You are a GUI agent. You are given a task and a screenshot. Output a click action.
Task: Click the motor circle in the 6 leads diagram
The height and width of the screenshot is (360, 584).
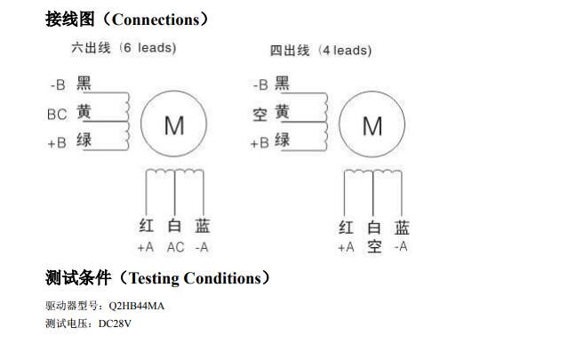(174, 125)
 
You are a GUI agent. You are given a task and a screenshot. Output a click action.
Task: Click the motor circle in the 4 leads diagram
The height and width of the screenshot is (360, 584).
(372, 126)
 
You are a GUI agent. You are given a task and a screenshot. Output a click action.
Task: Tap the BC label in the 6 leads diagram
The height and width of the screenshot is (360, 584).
(57, 114)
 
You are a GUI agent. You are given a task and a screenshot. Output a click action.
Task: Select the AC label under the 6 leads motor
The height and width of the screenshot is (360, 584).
(176, 247)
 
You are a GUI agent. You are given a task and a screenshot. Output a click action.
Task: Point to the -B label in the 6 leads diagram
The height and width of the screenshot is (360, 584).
(58, 85)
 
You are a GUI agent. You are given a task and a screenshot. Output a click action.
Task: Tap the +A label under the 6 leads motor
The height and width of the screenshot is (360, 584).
(146, 247)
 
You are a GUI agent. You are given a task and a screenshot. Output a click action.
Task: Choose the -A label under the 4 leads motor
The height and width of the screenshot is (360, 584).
(401, 246)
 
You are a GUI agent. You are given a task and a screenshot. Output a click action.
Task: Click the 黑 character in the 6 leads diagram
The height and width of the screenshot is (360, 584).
(84, 84)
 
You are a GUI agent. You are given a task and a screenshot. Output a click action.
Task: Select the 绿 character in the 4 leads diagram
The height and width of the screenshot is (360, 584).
(282, 140)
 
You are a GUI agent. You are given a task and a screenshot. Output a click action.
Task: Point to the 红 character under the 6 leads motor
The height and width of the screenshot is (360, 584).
(147, 227)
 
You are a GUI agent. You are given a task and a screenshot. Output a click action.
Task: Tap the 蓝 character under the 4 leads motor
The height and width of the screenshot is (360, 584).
(402, 228)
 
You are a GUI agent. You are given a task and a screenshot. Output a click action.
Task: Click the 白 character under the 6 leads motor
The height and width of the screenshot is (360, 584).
(175, 227)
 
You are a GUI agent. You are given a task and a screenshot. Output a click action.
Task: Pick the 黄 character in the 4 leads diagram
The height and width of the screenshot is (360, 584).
(282, 113)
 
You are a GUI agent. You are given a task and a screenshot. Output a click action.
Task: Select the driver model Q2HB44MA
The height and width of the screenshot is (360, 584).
(134, 306)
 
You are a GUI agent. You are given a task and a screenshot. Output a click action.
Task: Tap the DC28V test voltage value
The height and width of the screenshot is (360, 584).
(114, 324)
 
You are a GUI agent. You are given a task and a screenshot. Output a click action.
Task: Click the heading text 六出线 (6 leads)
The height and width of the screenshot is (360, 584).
(124, 48)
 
